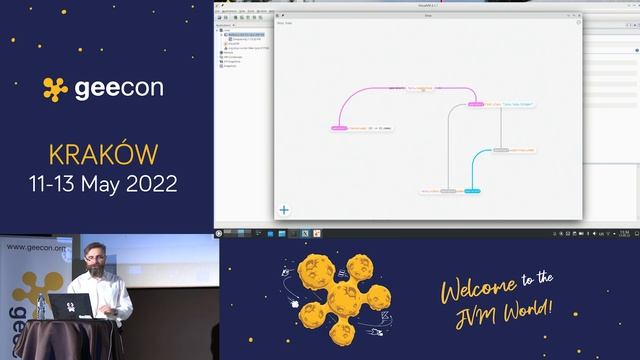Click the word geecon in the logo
pyautogui.click(x=119, y=88)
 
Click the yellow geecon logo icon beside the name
pyautogui.click(x=56, y=89)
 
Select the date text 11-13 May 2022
pyautogui.click(x=103, y=184)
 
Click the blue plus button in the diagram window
pyautogui.click(x=284, y=210)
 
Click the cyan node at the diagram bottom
pyautogui.click(x=473, y=190)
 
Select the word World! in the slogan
pyautogui.click(x=525, y=309)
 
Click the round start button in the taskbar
pyautogui.click(x=219, y=233)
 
